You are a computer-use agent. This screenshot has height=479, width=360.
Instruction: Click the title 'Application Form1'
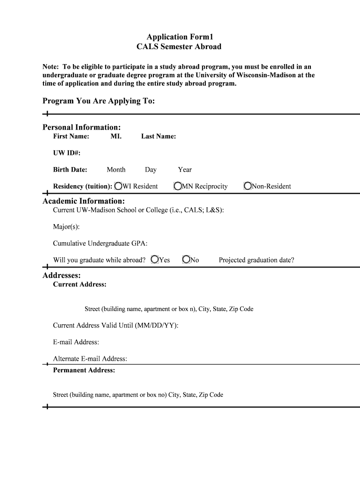pos(179,36)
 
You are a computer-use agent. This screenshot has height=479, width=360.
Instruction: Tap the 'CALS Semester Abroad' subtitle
pos(179,47)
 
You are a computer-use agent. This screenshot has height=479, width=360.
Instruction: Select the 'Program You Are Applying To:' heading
pos(99,101)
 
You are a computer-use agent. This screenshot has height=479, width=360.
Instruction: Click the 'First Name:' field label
pos(71,136)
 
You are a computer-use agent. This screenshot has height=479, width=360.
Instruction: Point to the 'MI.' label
pos(116,136)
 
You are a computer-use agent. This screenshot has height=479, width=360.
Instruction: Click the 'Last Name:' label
pos(158,136)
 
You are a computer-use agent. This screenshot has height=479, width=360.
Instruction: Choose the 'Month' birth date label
pos(116,169)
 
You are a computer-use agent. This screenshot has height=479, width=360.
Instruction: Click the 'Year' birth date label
pos(185,169)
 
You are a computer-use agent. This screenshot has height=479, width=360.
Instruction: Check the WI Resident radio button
pos(118,186)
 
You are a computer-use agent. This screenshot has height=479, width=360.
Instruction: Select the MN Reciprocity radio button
pos(178,186)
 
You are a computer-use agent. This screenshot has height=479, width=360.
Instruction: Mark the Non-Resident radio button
pos(248,186)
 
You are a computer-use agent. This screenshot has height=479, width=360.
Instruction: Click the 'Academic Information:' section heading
pos(84,201)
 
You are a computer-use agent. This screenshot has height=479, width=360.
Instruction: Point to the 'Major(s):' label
pos(66,227)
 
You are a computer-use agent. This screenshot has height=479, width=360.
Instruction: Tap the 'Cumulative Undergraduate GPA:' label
pos(100,243)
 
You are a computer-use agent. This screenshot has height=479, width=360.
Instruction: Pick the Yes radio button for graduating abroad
pos(155,260)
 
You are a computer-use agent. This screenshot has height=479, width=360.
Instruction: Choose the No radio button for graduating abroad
pos(186,260)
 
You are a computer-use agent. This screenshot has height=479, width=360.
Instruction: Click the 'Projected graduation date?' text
pos(256,260)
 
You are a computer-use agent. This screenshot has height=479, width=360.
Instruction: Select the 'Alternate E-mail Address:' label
pos(90,359)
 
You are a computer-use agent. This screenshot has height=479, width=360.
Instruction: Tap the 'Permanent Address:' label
pos(84,370)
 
